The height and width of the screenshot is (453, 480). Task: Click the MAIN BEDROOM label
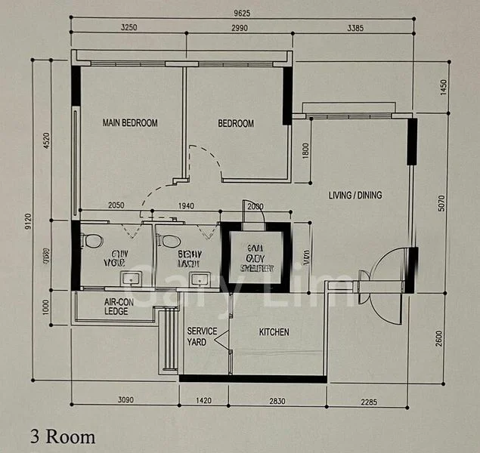(130, 123)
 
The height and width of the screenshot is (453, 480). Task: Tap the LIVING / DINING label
(355, 196)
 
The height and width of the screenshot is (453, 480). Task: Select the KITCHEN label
(274, 332)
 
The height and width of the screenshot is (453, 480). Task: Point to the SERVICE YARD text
(202, 337)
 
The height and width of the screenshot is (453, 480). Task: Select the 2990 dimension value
(238, 27)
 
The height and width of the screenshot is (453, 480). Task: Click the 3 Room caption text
(63, 436)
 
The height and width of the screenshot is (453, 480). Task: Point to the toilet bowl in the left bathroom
(92, 241)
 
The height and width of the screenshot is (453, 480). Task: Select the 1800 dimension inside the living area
(305, 150)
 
